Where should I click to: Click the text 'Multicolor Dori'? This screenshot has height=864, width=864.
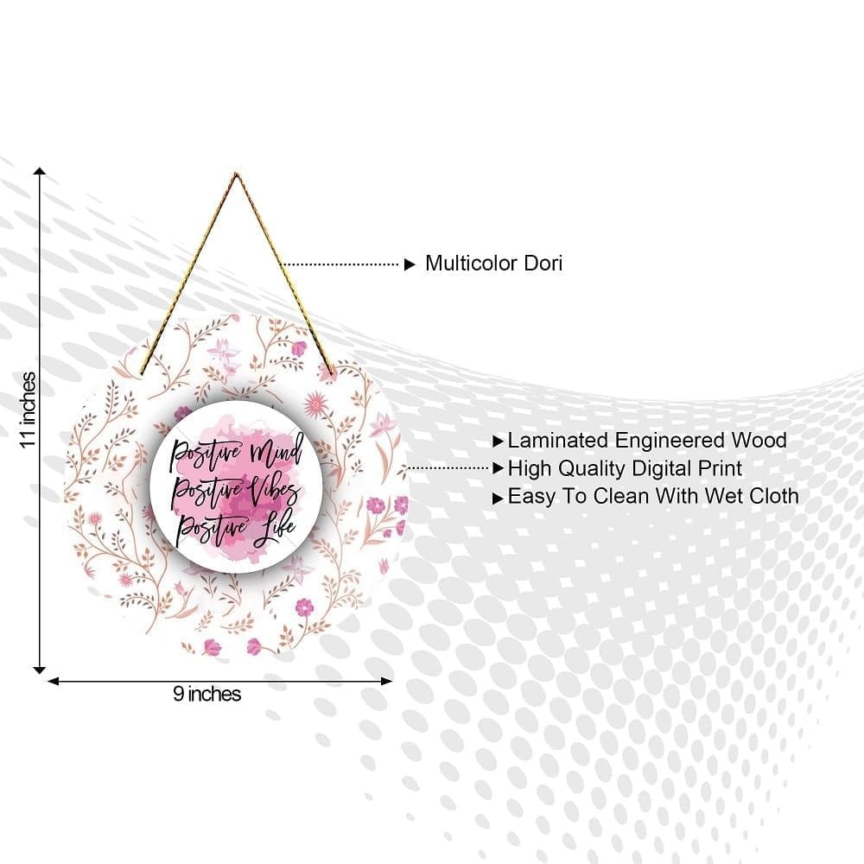[x=493, y=264]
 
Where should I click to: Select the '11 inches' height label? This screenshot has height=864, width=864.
[x=29, y=410]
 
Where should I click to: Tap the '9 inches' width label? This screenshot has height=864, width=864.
[x=207, y=694]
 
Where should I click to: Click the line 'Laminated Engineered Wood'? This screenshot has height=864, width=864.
[x=647, y=441]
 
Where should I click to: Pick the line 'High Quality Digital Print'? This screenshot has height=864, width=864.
[x=625, y=469]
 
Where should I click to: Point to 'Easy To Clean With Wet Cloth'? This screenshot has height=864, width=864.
[x=653, y=497]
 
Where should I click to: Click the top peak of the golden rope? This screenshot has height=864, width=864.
[x=236, y=175]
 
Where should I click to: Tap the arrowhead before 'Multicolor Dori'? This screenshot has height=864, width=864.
[x=410, y=264]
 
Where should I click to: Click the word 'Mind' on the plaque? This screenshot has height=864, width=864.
[x=277, y=451]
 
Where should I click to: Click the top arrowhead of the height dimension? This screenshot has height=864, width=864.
[x=40, y=171]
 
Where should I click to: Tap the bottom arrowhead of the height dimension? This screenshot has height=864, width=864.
[x=40, y=670]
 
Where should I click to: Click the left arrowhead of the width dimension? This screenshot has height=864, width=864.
[x=53, y=682]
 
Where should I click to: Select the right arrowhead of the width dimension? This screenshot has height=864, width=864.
[x=387, y=682]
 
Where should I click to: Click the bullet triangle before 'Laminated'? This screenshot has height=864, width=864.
[x=499, y=442]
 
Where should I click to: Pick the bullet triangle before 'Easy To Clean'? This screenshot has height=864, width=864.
[x=499, y=499]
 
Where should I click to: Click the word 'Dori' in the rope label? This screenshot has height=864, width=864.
[x=543, y=264]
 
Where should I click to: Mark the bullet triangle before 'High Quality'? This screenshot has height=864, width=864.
[x=499, y=468]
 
